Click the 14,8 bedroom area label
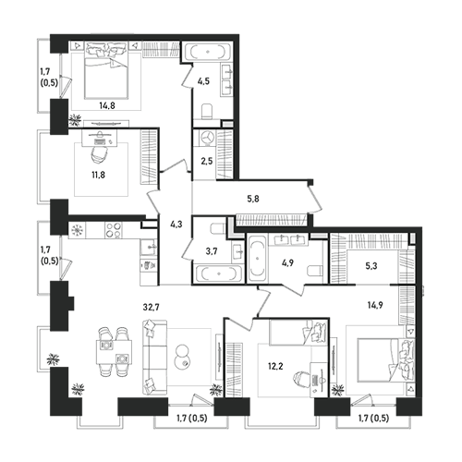[x=107, y=105]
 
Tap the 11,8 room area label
[x=98, y=175]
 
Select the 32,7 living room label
[x=151, y=307]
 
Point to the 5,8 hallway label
[x=253, y=199]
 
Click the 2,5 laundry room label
[x=207, y=161]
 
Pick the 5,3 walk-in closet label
[x=371, y=266]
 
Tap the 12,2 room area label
[x=275, y=366]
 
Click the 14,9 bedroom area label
[x=375, y=305]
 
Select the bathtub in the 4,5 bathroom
[x=207, y=52]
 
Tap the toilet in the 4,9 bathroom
[x=314, y=271]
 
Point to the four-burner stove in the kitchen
[x=113, y=230]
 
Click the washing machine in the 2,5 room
[x=206, y=138]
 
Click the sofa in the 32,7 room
[x=154, y=357]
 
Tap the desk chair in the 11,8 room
[x=99, y=153]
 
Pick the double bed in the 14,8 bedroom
[x=106, y=71]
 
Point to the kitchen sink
[x=149, y=248]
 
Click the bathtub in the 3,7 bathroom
[x=218, y=274]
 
